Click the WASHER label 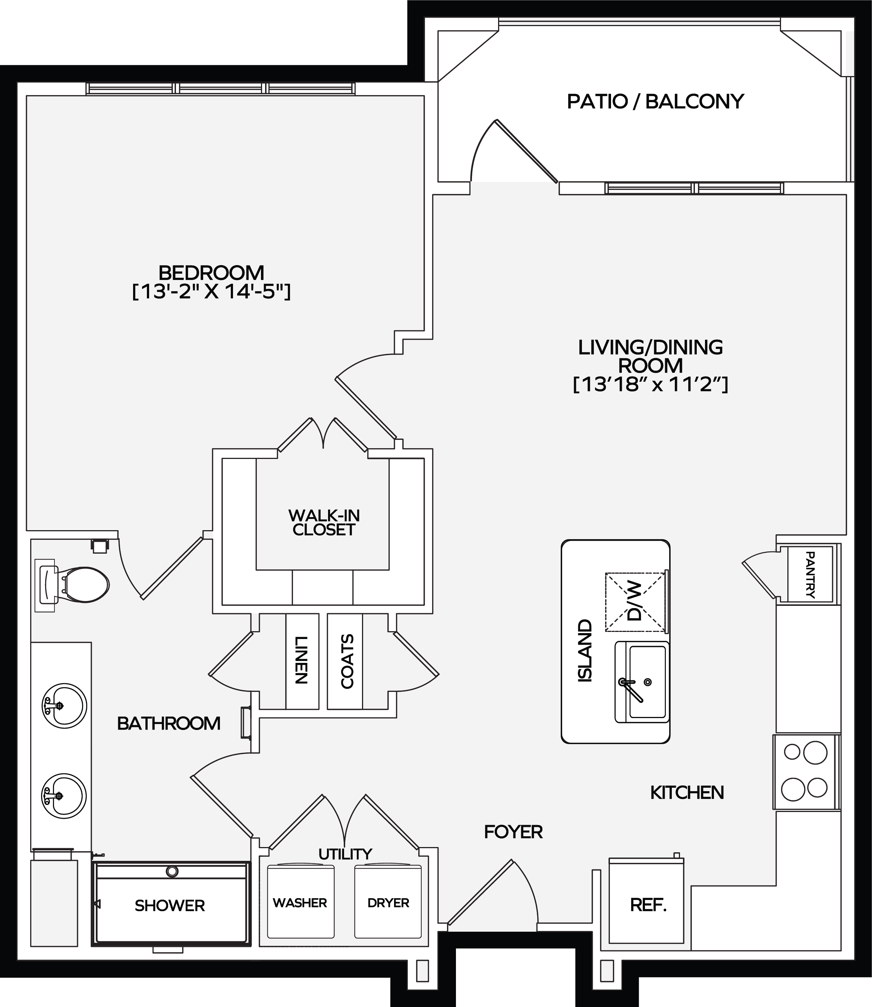(300, 903)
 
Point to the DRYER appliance (388, 901)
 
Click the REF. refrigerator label (648, 905)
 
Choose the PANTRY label (810, 574)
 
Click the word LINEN (302, 661)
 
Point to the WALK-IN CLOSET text (324, 523)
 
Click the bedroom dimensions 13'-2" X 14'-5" (212, 292)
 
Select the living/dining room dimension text (650, 384)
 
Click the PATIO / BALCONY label (655, 101)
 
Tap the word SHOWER (170, 905)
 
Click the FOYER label (513, 832)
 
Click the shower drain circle (172, 871)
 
